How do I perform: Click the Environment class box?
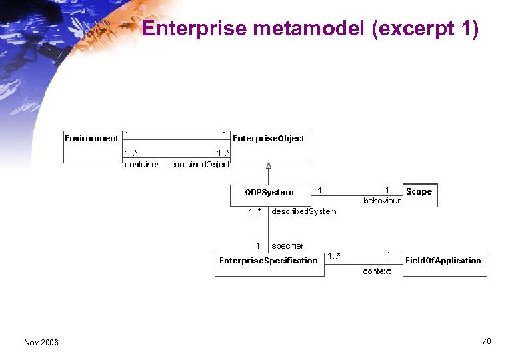point(93,146)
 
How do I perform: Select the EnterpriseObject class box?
point(270,146)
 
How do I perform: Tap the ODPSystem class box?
point(270,195)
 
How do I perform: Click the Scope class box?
point(420,195)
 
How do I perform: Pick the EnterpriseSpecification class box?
point(269,264)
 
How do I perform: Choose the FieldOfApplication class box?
point(444,264)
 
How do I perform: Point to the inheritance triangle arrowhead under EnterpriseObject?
point(269,166)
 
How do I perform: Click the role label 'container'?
point(142,165)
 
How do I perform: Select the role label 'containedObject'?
point(200,165)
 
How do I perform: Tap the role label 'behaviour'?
point(382,201)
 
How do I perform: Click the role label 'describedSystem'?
point(304,211)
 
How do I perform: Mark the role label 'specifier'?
point(287,246)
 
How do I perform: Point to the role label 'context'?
point(377,271)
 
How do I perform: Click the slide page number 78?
point(487,341)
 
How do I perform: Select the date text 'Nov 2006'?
point(41,343)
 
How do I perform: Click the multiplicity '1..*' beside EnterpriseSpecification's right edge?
point(333,256)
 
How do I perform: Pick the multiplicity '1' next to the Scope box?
point(387,190)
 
